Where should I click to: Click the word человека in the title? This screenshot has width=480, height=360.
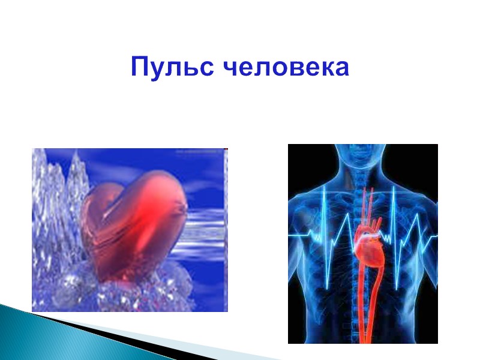pos(286,68)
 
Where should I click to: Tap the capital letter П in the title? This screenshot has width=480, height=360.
pos(140,67)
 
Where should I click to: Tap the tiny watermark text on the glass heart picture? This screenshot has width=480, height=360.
pos(198,152)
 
